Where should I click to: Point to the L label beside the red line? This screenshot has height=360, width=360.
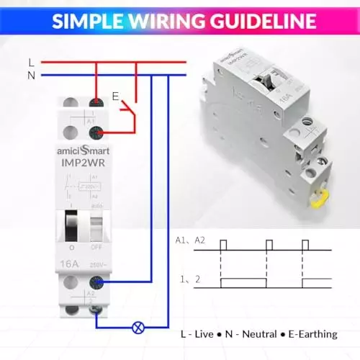[30, 63]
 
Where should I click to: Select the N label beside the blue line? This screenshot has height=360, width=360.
[30, 74]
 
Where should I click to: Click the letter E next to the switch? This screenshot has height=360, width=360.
[114, 96]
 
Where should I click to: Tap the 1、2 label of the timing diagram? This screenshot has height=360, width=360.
[185, 279]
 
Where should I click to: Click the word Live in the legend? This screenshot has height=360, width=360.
[206, 334]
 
